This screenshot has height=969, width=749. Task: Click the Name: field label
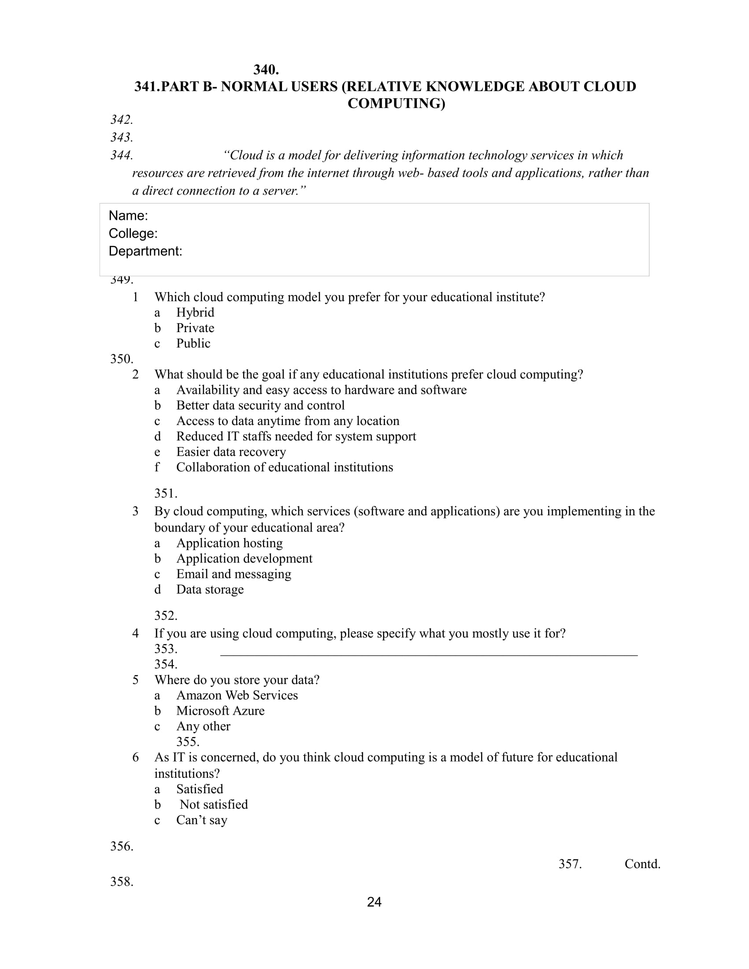(128, 216)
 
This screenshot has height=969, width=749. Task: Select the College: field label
(133, 233)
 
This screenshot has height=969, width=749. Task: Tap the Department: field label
(145, 251)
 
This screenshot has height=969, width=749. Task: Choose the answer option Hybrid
(195, 312)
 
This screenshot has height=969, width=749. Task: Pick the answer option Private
(195, 328)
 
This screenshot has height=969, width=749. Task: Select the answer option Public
(193, 344)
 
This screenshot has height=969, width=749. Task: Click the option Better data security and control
(260, 405)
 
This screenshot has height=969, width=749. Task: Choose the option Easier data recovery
(231, 451)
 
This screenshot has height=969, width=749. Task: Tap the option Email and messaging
(234, 573)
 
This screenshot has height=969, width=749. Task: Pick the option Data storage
(210, 589)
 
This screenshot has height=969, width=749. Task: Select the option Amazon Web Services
(237, 695)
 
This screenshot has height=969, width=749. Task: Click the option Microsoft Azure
(221, 711)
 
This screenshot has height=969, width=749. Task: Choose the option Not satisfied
(214, 804)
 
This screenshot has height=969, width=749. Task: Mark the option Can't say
(202, 820)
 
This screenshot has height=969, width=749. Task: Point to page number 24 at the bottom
(374, 902)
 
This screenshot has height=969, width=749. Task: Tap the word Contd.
(642, 864)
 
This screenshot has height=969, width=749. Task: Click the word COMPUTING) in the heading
(396, 104)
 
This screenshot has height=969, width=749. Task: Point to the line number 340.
(266, 70)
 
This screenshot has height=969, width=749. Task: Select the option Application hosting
(230, 543)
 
